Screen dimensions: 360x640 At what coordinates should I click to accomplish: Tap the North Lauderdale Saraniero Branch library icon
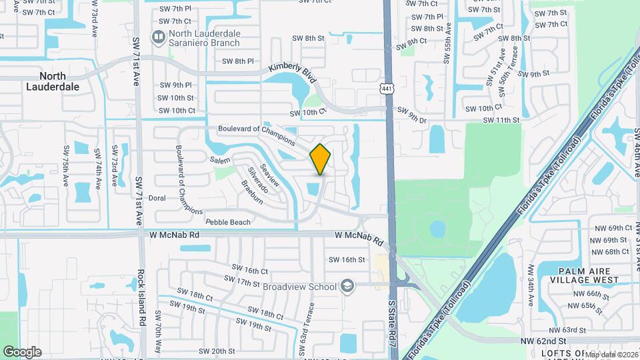(159, 36)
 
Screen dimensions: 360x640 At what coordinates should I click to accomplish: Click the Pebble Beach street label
(228, 222)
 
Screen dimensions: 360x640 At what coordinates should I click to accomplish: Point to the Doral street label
(157, 198)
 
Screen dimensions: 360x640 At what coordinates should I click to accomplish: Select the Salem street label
(220, 161)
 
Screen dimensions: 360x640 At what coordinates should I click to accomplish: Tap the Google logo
(22, 351)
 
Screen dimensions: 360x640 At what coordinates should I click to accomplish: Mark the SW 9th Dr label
(411, 113)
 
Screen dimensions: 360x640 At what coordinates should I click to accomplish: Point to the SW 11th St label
(502, 120)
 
